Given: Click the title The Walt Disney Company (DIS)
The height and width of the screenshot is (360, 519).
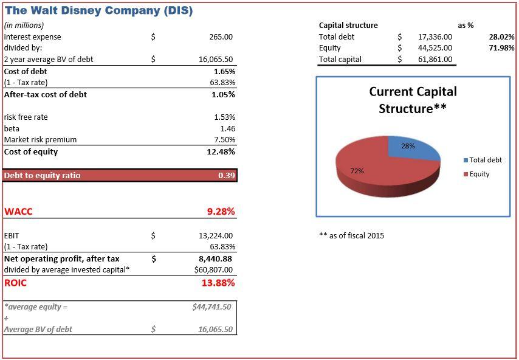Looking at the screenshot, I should tap(98, 10).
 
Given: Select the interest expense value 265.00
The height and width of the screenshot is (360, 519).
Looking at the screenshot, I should tap(221, 37).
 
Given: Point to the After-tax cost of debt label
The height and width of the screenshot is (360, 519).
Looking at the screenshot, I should tap(46, 94).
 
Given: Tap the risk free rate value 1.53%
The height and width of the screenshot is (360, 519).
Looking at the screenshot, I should tap(224, 117).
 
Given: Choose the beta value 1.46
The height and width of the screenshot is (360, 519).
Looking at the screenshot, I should tap(227, 128).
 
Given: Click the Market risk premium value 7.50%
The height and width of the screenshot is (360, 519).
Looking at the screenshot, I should tap(224, 140).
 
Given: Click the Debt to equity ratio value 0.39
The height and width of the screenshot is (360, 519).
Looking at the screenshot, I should tap(226, 176).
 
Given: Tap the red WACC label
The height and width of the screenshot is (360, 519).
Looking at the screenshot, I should tap(18, 212).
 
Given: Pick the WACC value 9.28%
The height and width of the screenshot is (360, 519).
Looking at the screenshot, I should tap(221, 212).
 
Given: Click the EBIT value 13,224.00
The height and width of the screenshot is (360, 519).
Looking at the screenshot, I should tap(216, 235).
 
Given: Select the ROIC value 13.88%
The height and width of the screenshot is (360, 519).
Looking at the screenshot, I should tap(218, 283).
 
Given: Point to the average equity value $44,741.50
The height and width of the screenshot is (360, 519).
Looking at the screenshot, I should tap(211, 307).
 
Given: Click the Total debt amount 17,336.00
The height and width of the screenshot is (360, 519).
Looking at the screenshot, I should tap(435, 37).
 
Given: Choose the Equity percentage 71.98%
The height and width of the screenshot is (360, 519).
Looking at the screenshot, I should tap(501, 48).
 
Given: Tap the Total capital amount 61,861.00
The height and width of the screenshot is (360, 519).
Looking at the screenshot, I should tap(435, 60).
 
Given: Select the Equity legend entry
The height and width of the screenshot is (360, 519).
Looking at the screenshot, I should tap(479, 174).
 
